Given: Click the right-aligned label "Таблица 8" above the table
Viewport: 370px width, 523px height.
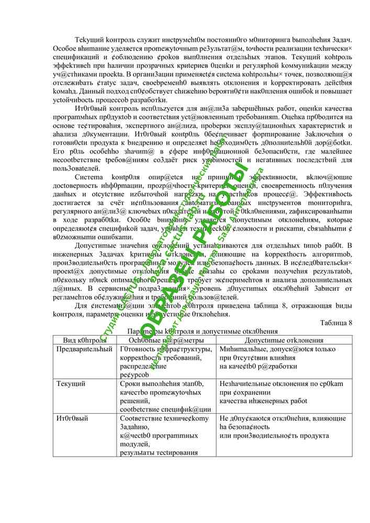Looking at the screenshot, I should pos(336,323).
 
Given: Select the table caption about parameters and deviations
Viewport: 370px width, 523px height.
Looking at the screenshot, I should pos(203,331).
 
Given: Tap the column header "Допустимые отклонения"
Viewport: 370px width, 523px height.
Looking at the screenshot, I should pos(284,340).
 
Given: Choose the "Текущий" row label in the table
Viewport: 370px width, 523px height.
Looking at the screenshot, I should pos(72,384).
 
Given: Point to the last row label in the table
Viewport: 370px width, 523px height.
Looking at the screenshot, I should pos(72,418).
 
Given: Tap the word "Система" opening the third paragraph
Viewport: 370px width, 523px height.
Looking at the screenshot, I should pos(88,177).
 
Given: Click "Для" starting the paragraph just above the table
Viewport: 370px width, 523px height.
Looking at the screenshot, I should pos(82,306).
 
